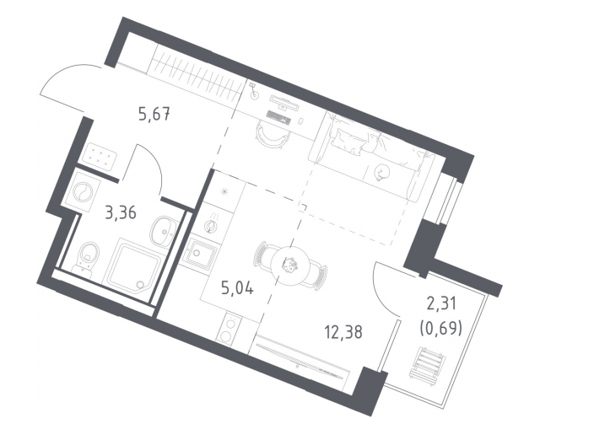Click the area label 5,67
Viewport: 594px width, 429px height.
[x=154, y=114]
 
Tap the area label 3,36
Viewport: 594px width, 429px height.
[x=121, y=213]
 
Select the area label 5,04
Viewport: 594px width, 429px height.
[x=237, y=289]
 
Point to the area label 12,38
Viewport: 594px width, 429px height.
[x=343, y=332]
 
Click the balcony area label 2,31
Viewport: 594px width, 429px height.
[x=441, y=303]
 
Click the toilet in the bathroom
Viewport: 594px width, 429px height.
[x=88, y=255]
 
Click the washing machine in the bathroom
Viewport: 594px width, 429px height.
[x=83, y=190]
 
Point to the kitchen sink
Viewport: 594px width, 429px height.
[x=200, y=253]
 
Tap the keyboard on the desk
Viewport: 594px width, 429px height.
[x=278, y=116]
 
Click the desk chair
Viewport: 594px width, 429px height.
[x=270, y=134]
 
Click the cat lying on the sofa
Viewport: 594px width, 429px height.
[x=380, y=174]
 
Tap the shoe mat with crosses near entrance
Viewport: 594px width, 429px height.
[x=100, y=155]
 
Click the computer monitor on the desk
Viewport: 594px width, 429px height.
[x=284, y=102]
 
